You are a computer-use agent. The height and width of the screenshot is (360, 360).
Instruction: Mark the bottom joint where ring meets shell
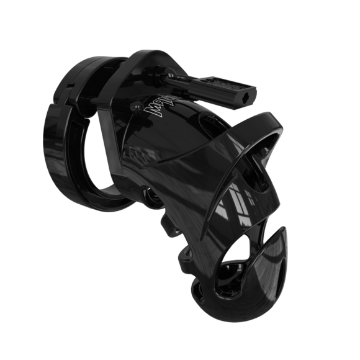tap(146, 202)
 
